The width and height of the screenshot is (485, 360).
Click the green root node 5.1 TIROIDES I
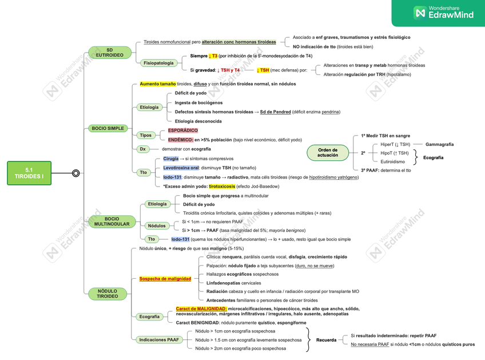pyautogui.click(x=29, y=173)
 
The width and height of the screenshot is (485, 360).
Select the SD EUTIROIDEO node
pyautogui.click(x=109, y=53)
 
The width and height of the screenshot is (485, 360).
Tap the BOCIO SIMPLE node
pyautogui.click(x=108, y=128)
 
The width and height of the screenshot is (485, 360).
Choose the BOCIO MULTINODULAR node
pyautogui.click(x=112, y=221)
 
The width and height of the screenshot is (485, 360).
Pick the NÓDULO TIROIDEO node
pyautogui.click(x=107, y=294)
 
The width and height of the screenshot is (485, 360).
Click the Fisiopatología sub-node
pyautogui.click(x=158, y=63)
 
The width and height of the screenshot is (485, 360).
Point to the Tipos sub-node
pyautogui.click(x=146, y=135)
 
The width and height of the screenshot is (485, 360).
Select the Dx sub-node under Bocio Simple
pyautogui.click(x=143, y=149)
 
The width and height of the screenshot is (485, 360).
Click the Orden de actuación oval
pyautogui.click(x=328, y=153)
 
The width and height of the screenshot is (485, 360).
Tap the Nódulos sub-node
pyautogui.click(x=157, y=226)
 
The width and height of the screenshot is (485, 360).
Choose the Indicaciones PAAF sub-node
pyautogui.click(x=158, y=339)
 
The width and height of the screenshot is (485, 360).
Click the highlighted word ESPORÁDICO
pyautogui.click(x=183, y=130)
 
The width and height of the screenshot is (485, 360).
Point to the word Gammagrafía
pyautogui.click(x=439, y=144)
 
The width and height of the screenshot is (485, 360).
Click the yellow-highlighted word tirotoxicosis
pyautogui.click(x=222, y=186)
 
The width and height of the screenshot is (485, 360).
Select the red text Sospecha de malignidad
pyautogui.click(x=165, y=279)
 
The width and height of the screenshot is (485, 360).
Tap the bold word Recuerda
pyautogui.click(x=326, y=340)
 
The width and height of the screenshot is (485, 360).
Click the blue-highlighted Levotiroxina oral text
pyautogui.click(x=181, y=168)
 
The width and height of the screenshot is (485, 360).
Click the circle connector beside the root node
pyautogui.click(x=75, y=173)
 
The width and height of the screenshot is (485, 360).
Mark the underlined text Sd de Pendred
pyautogui.click(x=275, y=112)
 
